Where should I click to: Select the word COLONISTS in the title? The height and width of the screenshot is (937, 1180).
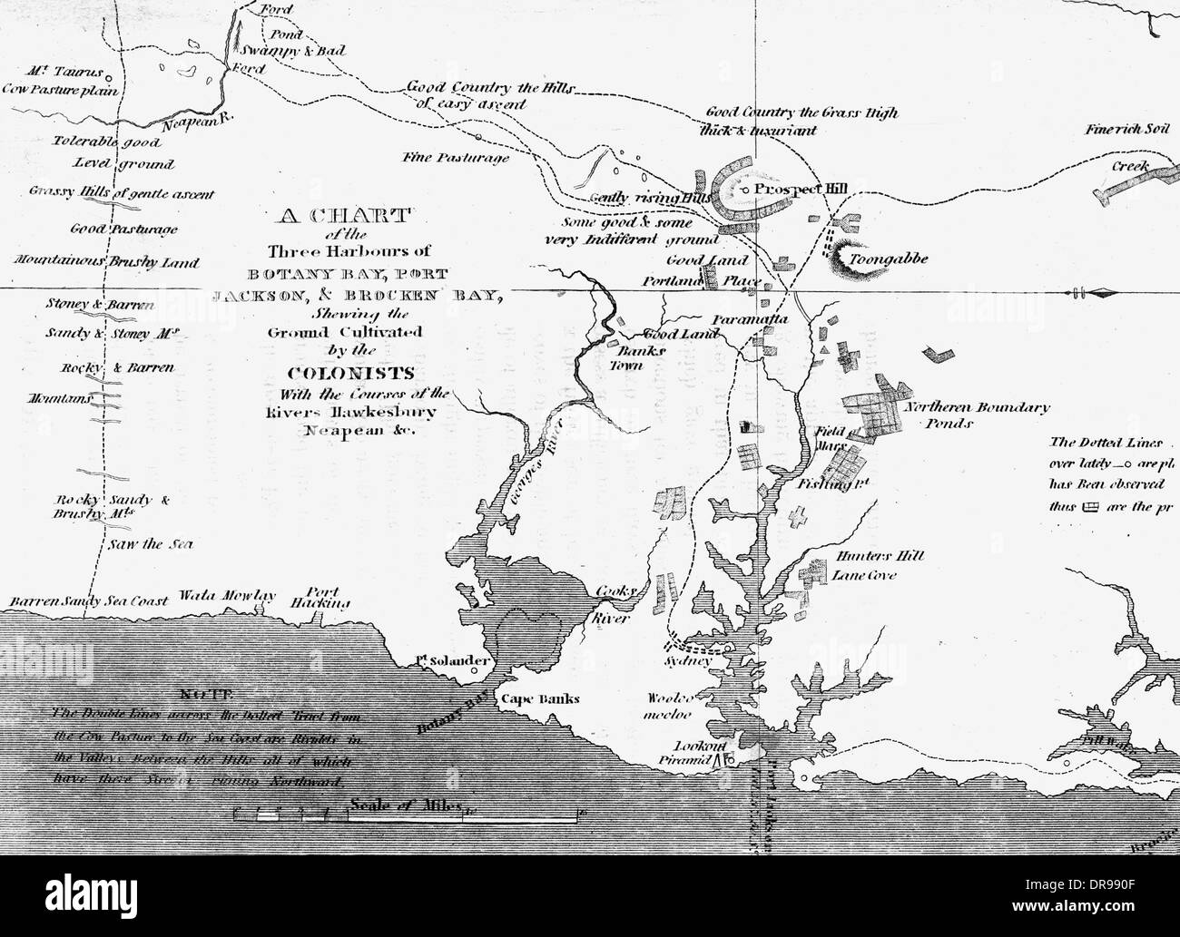point(350,372)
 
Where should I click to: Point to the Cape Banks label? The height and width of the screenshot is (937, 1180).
point(539,699)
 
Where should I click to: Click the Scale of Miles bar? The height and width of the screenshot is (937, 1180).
point(406,815)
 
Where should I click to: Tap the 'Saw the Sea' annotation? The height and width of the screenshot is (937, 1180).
point(150,544)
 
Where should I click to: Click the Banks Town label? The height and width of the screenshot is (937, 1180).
point(644,357)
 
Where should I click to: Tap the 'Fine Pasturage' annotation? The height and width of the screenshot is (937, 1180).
point(456,157)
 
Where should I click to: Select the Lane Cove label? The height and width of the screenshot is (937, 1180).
point(863,575)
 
